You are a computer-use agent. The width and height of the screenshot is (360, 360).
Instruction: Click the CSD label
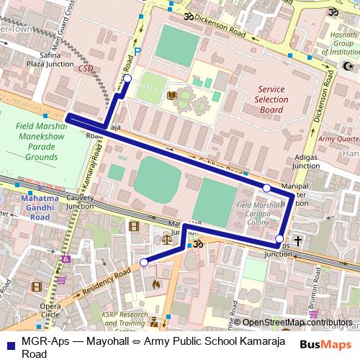coord(86,69)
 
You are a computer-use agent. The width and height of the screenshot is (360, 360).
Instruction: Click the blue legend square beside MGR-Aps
coord(9,342)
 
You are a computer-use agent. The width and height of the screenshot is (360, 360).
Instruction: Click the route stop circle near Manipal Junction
coord(267,188)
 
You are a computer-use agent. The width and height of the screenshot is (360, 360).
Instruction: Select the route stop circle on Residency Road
coord(143,262)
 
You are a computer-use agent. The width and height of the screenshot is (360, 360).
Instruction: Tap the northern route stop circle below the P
coord(127,78)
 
